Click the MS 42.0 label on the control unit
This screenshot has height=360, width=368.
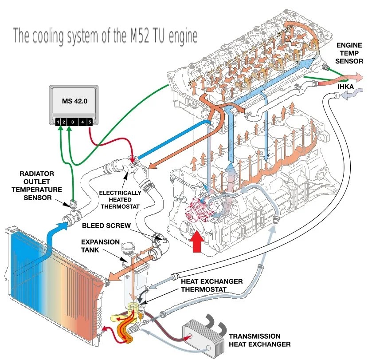74,101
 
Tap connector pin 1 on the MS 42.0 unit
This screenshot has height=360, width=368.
58,122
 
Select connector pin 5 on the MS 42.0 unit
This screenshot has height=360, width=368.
90,122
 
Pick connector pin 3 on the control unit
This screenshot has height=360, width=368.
73,122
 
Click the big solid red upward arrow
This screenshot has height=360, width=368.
196,241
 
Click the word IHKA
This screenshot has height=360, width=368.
345,87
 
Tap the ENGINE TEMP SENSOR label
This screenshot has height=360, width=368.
349,53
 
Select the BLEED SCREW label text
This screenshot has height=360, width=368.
106,225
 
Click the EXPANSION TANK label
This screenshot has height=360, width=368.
100,246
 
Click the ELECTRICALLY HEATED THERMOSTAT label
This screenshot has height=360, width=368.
120,200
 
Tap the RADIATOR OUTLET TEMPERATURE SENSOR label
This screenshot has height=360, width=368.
37,186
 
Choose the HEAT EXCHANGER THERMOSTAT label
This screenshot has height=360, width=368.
211,285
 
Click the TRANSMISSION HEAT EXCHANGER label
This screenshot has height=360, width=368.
259,340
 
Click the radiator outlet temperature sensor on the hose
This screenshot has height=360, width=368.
74,204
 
